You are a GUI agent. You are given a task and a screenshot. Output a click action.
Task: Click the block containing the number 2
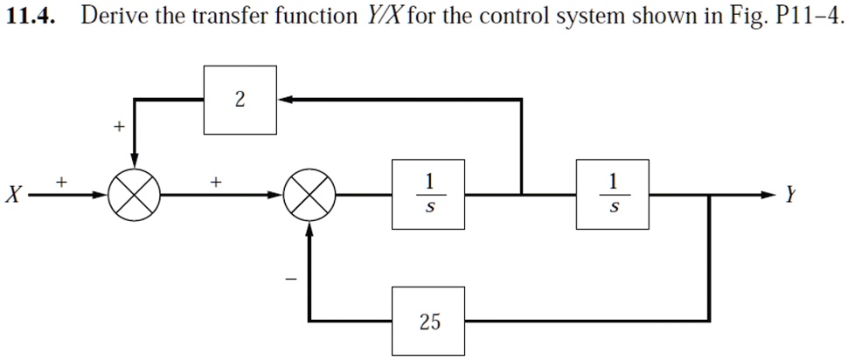point(240,100)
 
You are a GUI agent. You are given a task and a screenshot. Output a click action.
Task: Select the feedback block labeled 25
point(428,322)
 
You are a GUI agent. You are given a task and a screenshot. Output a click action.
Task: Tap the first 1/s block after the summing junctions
point(428,194)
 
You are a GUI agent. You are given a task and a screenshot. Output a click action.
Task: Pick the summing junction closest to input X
point(134,194)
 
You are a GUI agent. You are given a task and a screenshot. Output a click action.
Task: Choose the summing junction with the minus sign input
point(309,194)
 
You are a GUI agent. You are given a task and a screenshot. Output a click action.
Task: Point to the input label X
point(11,195)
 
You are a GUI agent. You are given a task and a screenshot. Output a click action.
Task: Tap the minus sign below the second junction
point(293,279)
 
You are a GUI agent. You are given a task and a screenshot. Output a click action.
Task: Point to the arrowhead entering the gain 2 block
point(283,100)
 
